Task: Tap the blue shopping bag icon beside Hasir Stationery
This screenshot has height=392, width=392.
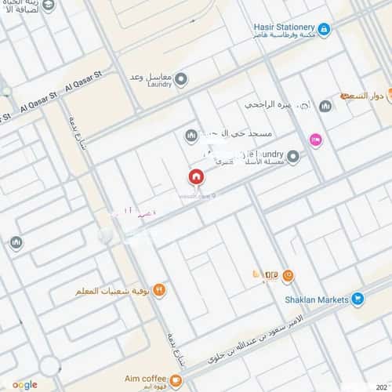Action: pos(325,29)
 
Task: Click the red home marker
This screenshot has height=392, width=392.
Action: pos(196,176)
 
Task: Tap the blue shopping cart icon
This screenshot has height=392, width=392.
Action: pos(357,298)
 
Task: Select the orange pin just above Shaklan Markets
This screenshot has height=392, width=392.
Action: pos(288,275)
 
